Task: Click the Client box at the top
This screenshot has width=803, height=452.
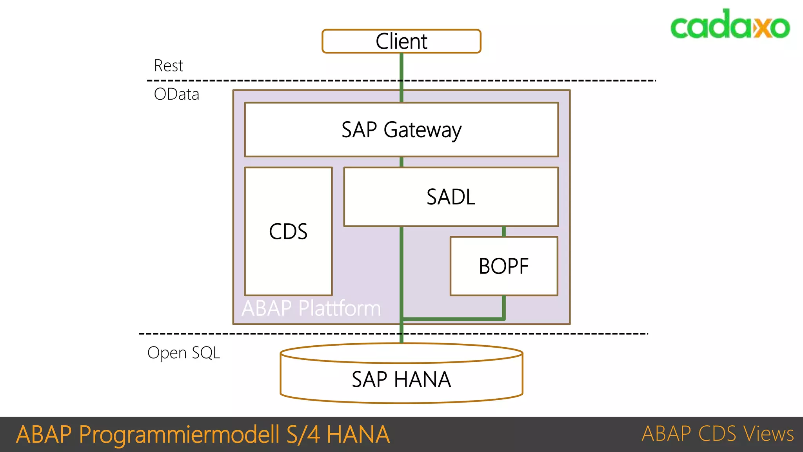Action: tap(401, 41)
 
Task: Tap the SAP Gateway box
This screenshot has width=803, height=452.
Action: tap(401, 129)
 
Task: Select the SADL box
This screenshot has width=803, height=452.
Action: tap(451, 197)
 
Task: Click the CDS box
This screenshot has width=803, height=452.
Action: tap(288, 231)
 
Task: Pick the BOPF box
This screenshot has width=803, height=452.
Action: tap(504, 266)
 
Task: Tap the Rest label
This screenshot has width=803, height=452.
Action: tap(168, 66)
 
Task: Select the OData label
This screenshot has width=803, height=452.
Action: tap(176, 94)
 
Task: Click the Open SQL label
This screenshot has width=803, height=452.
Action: tap(183, 352)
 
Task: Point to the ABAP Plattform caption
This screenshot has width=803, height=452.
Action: tap(311, 308)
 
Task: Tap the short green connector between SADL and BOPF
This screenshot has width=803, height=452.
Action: tap(504, 231)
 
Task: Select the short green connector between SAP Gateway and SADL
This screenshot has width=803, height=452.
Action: tap(401, 162)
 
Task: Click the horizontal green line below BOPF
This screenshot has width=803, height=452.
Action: tap(453, 319)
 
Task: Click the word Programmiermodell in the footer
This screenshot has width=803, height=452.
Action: tap(179, 434)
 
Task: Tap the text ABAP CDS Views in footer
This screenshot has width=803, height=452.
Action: tap(718, 434)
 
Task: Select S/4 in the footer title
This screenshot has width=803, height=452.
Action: tap(303, 434)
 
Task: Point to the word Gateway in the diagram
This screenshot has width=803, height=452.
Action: tap(422, 130)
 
